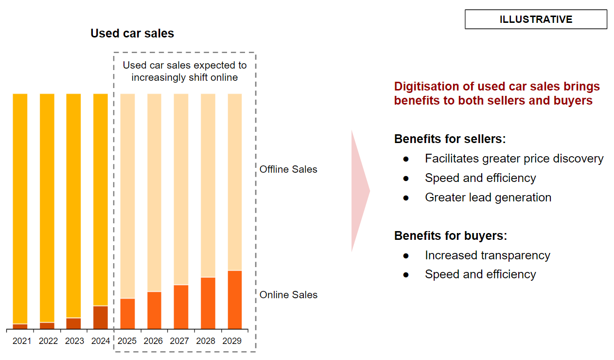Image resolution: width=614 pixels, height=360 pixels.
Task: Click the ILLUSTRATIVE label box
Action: click(x=536, y=19)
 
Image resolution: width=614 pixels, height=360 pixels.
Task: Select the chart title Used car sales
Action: click(x=132, y=33)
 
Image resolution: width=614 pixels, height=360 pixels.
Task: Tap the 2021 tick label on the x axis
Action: click(x=22, y=341)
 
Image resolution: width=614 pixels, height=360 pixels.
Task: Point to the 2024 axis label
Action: click(x=101, y=341)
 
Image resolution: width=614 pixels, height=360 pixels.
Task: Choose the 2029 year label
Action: click(x=232, y=341)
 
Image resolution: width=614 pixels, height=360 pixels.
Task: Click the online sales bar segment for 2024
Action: click(x=101, y=317)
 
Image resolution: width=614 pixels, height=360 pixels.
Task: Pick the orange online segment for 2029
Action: click(x=235, y=300)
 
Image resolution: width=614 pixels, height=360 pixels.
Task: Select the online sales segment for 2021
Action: click(x=20, y=326)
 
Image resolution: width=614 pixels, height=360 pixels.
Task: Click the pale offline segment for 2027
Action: click(x=181, y=189)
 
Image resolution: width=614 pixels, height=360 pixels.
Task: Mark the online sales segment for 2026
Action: click(x=154, y=310)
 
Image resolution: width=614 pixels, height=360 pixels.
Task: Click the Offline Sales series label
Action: click(x=288, y=169)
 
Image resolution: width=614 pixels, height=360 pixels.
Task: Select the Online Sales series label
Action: click(x=288, y=295)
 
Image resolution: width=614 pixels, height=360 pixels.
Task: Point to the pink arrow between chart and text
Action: click(x=359, y=191)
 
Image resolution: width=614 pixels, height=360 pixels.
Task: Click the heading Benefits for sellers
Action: click(x=450, y=139)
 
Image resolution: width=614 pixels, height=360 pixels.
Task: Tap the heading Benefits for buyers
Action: click(x=450, y=235)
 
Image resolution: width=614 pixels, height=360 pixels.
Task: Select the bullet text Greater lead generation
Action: click(x=488, y=197)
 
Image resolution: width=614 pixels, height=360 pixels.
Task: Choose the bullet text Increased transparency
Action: click(x=488, y=255)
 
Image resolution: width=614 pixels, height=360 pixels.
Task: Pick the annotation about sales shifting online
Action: click(x=185, y=72)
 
